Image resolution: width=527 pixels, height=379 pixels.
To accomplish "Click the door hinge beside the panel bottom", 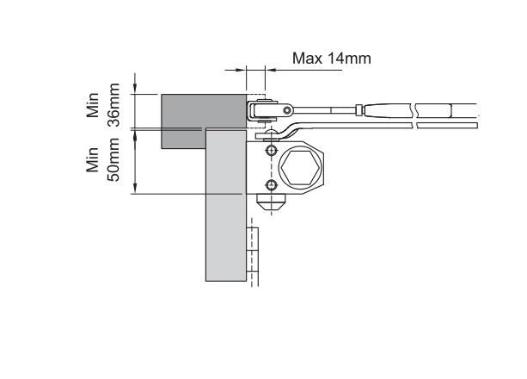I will (253, 253).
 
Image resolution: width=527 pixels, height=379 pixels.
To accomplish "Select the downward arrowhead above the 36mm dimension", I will (136, 89).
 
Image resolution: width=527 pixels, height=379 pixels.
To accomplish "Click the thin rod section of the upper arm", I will (327, 109).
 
